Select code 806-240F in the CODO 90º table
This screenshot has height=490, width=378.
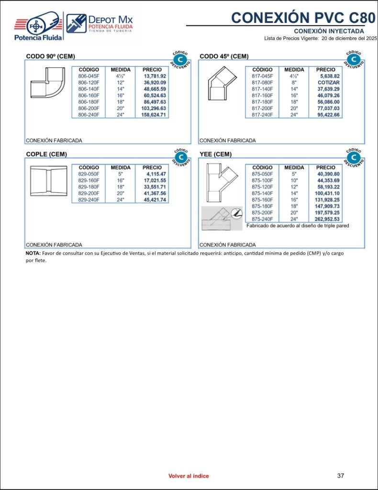(89, 115)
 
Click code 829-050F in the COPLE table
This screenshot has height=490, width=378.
(89, 174)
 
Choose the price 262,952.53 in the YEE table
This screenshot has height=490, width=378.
(328, 219)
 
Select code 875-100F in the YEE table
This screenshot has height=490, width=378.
(262, 180)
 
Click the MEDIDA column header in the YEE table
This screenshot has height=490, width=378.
(294, 167)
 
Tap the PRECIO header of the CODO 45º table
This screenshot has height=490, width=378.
(325, 69)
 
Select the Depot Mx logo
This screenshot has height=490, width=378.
(100, 23)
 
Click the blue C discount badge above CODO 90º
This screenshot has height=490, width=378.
(179, 59)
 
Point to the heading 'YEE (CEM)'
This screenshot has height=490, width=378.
(215, 154)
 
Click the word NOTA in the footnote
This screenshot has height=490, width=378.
(33, 253)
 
